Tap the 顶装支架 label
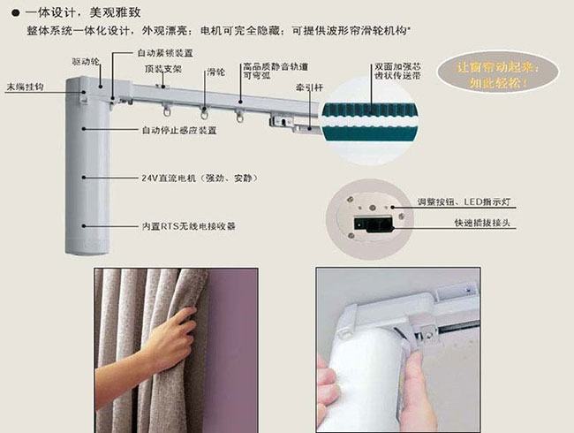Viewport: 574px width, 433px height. (163, 68)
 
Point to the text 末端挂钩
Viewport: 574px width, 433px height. (24, 87)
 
